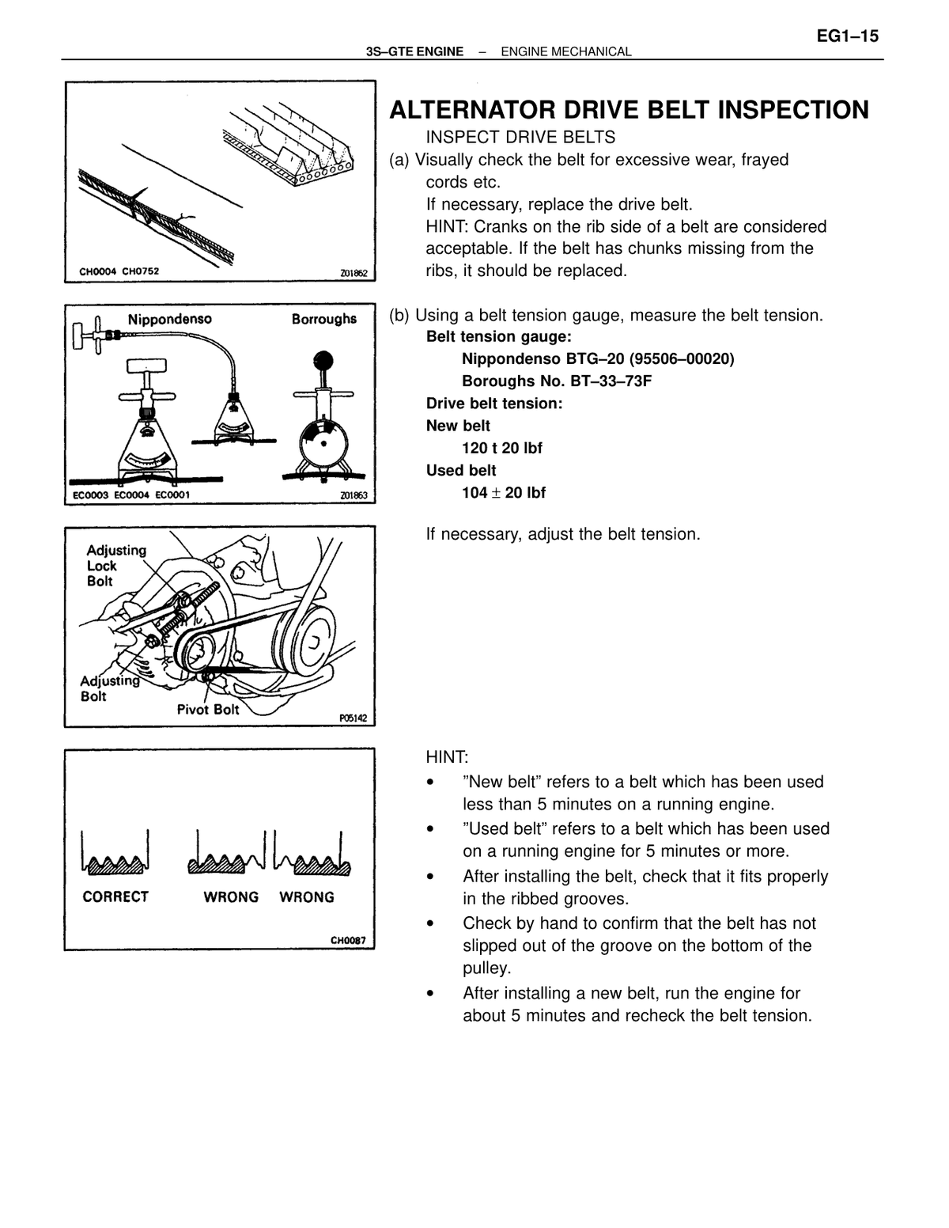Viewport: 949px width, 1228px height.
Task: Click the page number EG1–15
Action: [x=848, y=36]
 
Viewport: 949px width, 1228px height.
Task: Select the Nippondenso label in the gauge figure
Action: [x=169, y=320]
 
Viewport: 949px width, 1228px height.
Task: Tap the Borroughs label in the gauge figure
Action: [x=324, y=320]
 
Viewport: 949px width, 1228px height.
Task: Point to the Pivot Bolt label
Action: [x=208, y=709]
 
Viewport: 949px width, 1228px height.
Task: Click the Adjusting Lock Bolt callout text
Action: [x=116, y=566]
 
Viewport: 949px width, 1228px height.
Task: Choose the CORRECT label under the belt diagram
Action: [x=115, y=896]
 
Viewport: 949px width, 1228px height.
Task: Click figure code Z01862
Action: [x=354, y=274]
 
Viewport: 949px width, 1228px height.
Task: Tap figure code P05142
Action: [x=353, y=718]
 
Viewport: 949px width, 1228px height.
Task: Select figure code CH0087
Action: [x=348, y=941]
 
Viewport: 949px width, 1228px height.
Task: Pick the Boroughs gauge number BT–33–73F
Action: [x=611, y=381]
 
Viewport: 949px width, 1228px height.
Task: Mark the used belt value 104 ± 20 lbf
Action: [x=504, y=493]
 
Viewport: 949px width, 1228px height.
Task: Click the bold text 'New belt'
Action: [x=458, y=426]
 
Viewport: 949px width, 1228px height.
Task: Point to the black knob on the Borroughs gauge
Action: [x=323, y=361]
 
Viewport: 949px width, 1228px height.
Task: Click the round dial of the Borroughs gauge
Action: [x=323, y=443]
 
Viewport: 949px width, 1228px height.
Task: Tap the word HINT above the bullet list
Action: [x=447, y=756]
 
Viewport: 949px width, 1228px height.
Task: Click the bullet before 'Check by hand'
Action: [x=431, y=924]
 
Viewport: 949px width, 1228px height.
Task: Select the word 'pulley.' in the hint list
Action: [x=486, y=968]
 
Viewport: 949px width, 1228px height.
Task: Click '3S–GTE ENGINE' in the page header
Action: [x=414, y=52]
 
